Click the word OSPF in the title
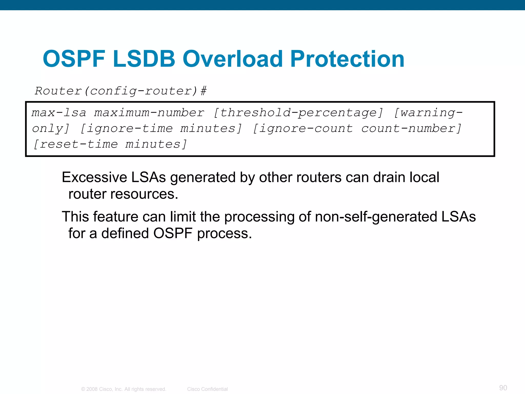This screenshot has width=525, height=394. coord(74,59)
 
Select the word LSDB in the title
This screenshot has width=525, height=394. coord(144,59)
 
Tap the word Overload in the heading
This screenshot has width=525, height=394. coord(233,59)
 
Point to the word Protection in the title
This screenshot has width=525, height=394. coord(347,59)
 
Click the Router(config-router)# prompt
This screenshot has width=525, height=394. coord(120,91)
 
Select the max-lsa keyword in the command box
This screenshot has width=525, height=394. coord(59,113)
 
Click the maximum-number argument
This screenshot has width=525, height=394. coord(149,113)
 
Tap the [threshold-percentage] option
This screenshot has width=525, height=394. coord(298,113)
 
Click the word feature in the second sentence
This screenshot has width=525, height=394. coord(116,217)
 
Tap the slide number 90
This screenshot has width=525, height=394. coord(503,388)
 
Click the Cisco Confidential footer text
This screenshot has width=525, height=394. coord(207,389)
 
